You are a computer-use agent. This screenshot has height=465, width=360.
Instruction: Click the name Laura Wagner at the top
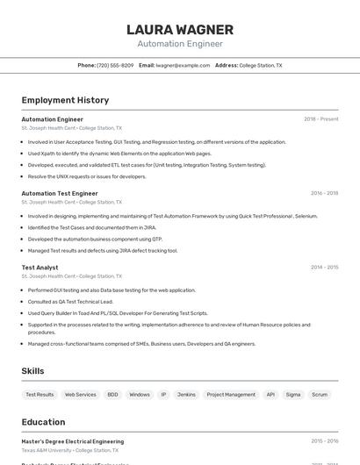point(180,30)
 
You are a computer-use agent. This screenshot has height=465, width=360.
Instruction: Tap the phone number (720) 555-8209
point(115,65)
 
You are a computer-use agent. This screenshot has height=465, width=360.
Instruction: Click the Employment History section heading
point(65,100)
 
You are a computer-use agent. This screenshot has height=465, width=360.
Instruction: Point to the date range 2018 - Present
point(320,119)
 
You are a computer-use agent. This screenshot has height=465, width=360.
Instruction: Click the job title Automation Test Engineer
point(60,193)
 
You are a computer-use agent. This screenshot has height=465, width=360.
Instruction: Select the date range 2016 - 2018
point(324,193)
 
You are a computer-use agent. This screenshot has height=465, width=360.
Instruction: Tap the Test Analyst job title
point(40,268)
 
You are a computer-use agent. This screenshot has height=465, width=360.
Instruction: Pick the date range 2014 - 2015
point(324,268)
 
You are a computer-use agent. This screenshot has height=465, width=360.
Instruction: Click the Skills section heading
point(32,371)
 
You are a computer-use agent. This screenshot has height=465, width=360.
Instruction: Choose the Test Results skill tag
point(40,395)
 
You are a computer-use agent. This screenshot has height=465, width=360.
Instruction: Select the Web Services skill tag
point(81,395)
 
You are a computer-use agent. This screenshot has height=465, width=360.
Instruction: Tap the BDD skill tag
point(112,395)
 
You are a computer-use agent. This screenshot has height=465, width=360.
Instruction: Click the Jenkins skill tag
point(186,395)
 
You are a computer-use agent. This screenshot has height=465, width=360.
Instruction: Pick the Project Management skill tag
point(231,395)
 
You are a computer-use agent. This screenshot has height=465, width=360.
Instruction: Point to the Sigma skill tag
point(293,395)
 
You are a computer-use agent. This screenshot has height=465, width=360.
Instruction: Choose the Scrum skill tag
point(320,395)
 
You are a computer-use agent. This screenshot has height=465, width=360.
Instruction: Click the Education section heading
point(43,422)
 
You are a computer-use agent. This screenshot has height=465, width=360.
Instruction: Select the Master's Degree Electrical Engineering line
point(73,441)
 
